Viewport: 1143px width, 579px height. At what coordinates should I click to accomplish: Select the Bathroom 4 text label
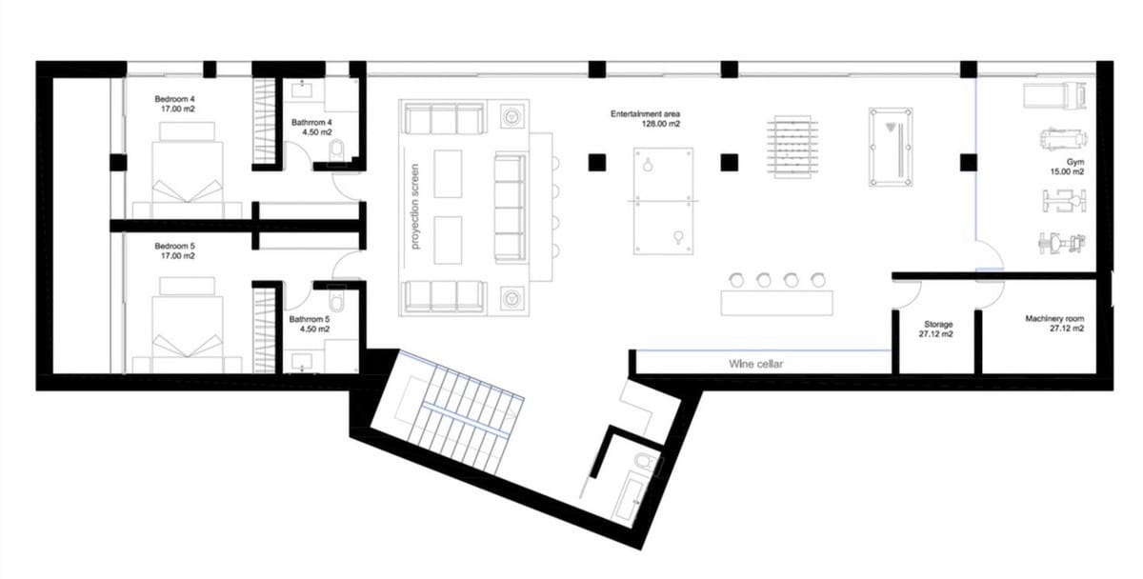tap(311, 127)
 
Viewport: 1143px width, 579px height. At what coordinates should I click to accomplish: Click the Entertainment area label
tap(646, 118)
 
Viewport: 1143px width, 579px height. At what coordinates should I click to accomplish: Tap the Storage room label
tap(936, 329)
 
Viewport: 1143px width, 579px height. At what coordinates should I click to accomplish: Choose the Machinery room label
tap(1054, 324)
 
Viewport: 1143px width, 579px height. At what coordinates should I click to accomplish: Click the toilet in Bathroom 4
tap(334, 152)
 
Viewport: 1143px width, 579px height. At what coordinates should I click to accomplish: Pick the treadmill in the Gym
tap(1054, 94)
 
